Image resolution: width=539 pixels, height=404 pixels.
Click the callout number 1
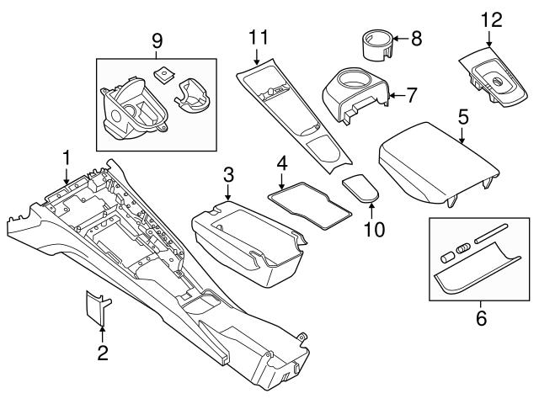click(66, 157)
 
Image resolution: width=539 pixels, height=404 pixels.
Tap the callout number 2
click(102, 353)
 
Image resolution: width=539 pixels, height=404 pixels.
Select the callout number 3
click(228, 175)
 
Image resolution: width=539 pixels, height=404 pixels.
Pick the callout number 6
click(482, 318)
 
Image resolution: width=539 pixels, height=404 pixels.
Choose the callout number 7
click(411, 95)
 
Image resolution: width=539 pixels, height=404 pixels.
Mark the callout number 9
click(155, 40)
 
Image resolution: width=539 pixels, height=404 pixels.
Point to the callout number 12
click(490, 19)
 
